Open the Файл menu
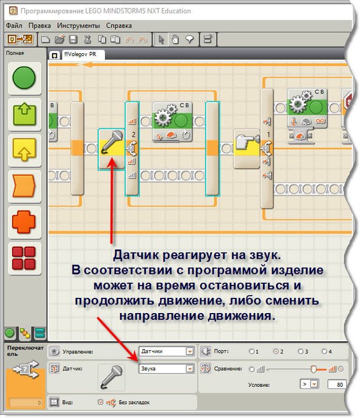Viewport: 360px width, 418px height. point(14,26)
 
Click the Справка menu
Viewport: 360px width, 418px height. point(119,26)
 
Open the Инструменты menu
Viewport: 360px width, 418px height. point(78,26)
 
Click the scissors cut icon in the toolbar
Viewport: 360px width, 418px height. point(87,40)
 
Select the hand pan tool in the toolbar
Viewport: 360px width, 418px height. point(175,40)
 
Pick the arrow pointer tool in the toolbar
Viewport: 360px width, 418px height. point(161,40)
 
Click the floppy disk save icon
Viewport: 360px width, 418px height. point(73,40)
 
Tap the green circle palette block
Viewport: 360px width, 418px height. point(24,78)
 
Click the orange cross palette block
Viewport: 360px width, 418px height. point(24,222)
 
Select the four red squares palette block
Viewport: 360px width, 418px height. point(24,258)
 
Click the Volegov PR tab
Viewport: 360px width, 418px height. point(80,54)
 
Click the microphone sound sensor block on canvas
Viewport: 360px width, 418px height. point(112,149)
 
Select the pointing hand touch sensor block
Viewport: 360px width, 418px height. point(247,148)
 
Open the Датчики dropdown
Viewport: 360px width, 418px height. point(167,351)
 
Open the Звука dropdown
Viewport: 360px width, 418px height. point(167,369)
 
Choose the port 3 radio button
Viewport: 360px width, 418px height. point(301,351)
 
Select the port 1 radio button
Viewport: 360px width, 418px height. point(251,351)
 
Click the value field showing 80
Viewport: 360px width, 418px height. point(337,384)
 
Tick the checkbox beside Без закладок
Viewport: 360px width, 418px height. point(101,402)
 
